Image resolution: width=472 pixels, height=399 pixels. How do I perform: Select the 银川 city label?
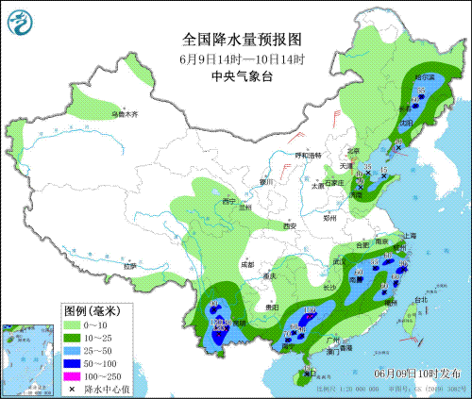pyautogui.click(x=265, y=181)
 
